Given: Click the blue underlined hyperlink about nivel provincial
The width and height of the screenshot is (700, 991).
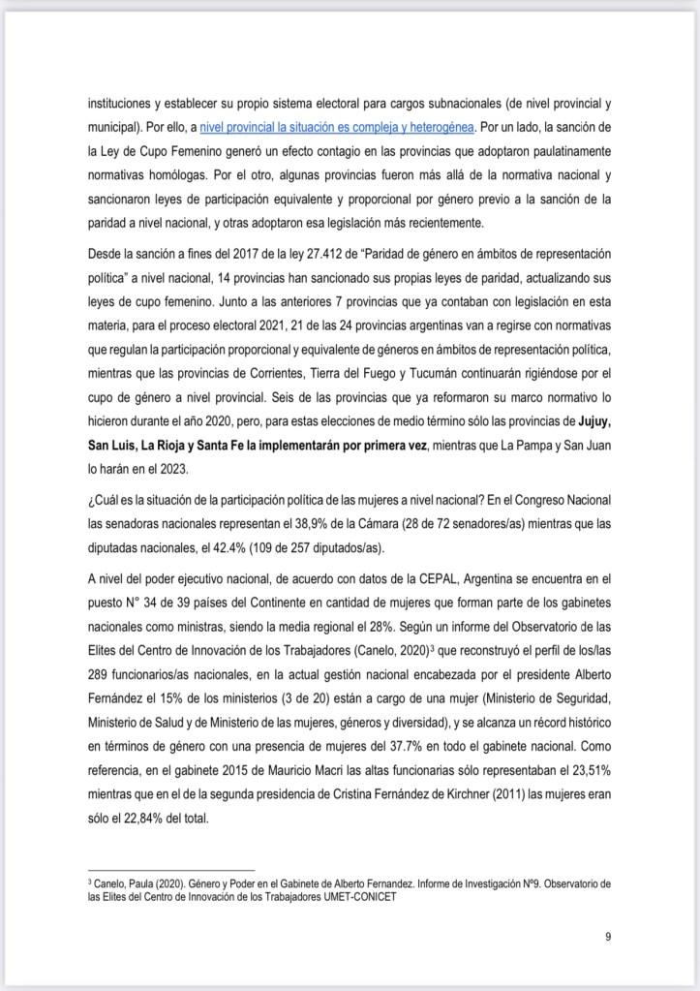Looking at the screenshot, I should tap(350, 127).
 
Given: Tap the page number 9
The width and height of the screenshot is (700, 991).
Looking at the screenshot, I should tap(606, 936).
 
